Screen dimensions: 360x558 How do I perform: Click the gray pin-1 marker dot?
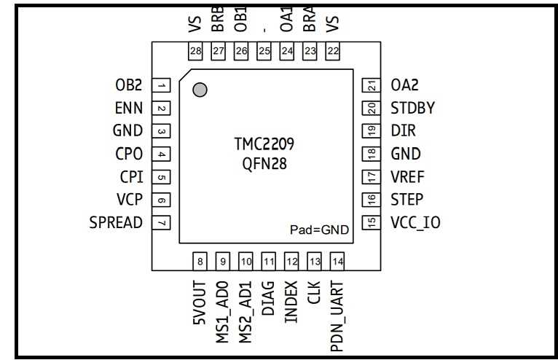(x=200, y=90)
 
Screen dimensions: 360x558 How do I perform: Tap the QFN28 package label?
(x=264, y=164)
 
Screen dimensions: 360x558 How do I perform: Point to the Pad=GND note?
(x=319, y=230)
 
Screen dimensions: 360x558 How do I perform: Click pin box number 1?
(x=162, y=86)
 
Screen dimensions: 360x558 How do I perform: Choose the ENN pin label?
(x=128, y=109)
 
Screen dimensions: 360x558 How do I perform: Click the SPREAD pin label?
(x=116, y=222)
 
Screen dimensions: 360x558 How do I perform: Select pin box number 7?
(x=162, y=222)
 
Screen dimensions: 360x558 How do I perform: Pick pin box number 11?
(x=269, y=261)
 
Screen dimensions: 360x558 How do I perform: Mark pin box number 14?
(x=337, y=261)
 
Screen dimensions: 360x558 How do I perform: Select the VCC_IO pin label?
(x=415, y=222)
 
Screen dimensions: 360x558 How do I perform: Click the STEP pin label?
(x=406, y=200)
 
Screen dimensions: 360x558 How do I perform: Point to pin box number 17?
(x=372, y=177)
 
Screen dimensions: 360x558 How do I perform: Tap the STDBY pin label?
(x=412, y=109)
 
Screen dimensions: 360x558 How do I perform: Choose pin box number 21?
(x=372, y=86)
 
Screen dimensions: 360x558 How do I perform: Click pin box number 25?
(x=264, y=51)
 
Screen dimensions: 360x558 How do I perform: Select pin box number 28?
(x=195, y=51)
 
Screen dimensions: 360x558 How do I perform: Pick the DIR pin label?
(x=403, y=131)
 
